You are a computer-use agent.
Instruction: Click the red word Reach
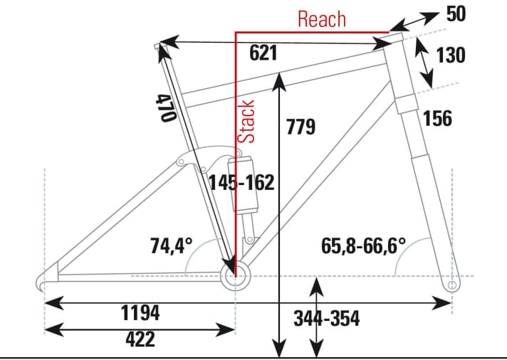(x=321, y=19)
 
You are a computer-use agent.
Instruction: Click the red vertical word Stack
(x=246, y=122)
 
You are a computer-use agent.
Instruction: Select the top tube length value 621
(x=263, y=53)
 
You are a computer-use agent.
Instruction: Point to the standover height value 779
(x=300, y=127)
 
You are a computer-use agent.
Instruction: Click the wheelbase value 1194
(x=140, y=313)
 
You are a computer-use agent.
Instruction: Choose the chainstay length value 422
(x=140, y=339)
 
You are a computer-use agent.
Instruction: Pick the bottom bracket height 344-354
(x=326, y=318)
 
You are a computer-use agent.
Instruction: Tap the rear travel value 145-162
(x=241, y=183)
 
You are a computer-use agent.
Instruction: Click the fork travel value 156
(x=437, y=119)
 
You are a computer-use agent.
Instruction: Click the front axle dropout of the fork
(x=451, y=285)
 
